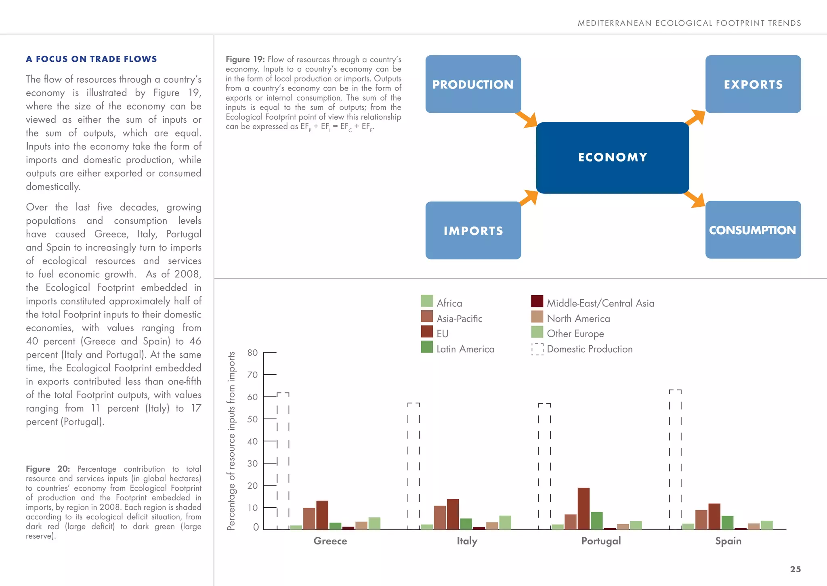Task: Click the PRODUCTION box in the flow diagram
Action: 473,84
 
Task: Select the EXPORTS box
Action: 753,84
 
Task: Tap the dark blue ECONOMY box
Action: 612,158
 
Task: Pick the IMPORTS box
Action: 473,231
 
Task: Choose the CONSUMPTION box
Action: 753,230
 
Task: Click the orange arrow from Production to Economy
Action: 528,119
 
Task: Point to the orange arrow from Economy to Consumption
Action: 695,200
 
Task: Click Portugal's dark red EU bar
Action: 584,508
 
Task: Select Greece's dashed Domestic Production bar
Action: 283,460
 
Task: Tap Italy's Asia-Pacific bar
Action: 440,517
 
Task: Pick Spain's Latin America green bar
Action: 727,523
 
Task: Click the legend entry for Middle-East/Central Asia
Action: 592,302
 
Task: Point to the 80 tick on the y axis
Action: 252,353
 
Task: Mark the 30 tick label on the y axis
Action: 252,463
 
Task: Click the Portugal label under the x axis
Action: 601,541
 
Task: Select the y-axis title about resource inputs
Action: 231,440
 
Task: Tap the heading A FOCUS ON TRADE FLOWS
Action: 91,59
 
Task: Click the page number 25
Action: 795,569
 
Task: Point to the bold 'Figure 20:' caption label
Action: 48,469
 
